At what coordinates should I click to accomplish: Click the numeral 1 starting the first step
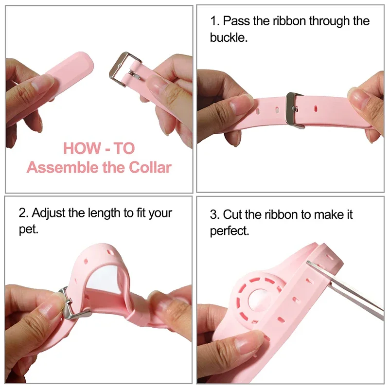coord(213,21)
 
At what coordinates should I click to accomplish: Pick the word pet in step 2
coord(28,229)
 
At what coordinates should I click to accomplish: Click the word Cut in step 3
coord(232,214)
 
